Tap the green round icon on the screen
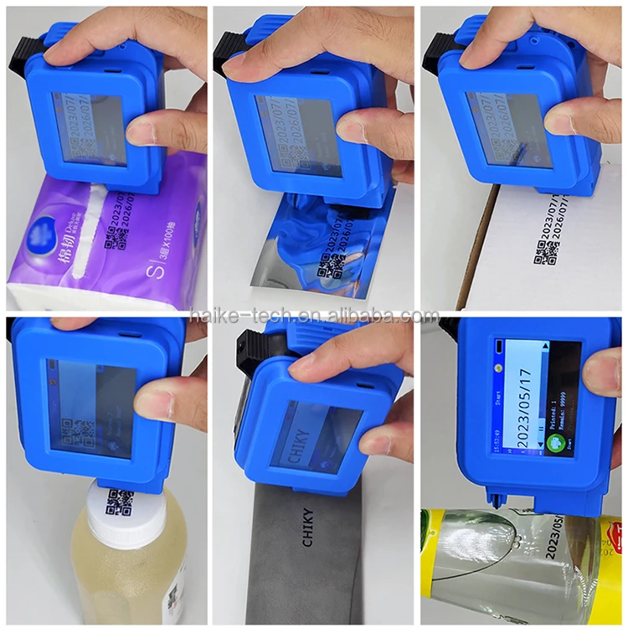point(554,443)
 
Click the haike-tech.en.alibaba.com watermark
point(314,316)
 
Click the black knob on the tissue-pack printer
point(18,57)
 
